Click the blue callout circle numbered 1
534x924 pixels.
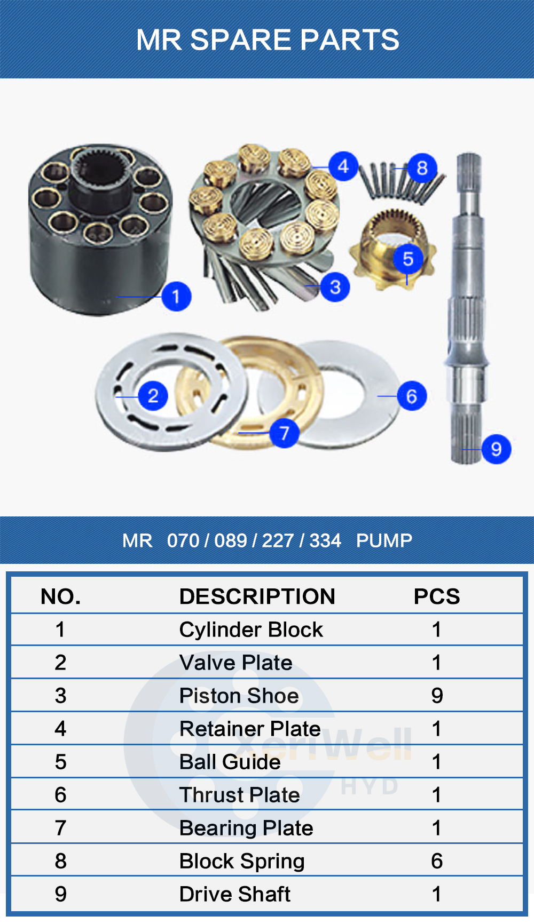(176, 296)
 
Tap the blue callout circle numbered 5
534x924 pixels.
(408, 259)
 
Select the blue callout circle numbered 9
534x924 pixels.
(496, 449)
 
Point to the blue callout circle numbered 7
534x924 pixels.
(284, 433)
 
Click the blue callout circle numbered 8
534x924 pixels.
(422, 168)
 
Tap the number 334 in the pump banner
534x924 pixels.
(325, 540)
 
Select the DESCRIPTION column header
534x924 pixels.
(257, 596)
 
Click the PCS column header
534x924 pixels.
(436, 596)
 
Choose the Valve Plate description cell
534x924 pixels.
(235, 663)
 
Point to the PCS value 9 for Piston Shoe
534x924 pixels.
(437, 696)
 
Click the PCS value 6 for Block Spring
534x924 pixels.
(437, 861)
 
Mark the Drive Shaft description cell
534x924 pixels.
(234, 894)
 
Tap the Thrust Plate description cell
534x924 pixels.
(239, 795)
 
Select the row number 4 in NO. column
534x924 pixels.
(60, 729)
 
